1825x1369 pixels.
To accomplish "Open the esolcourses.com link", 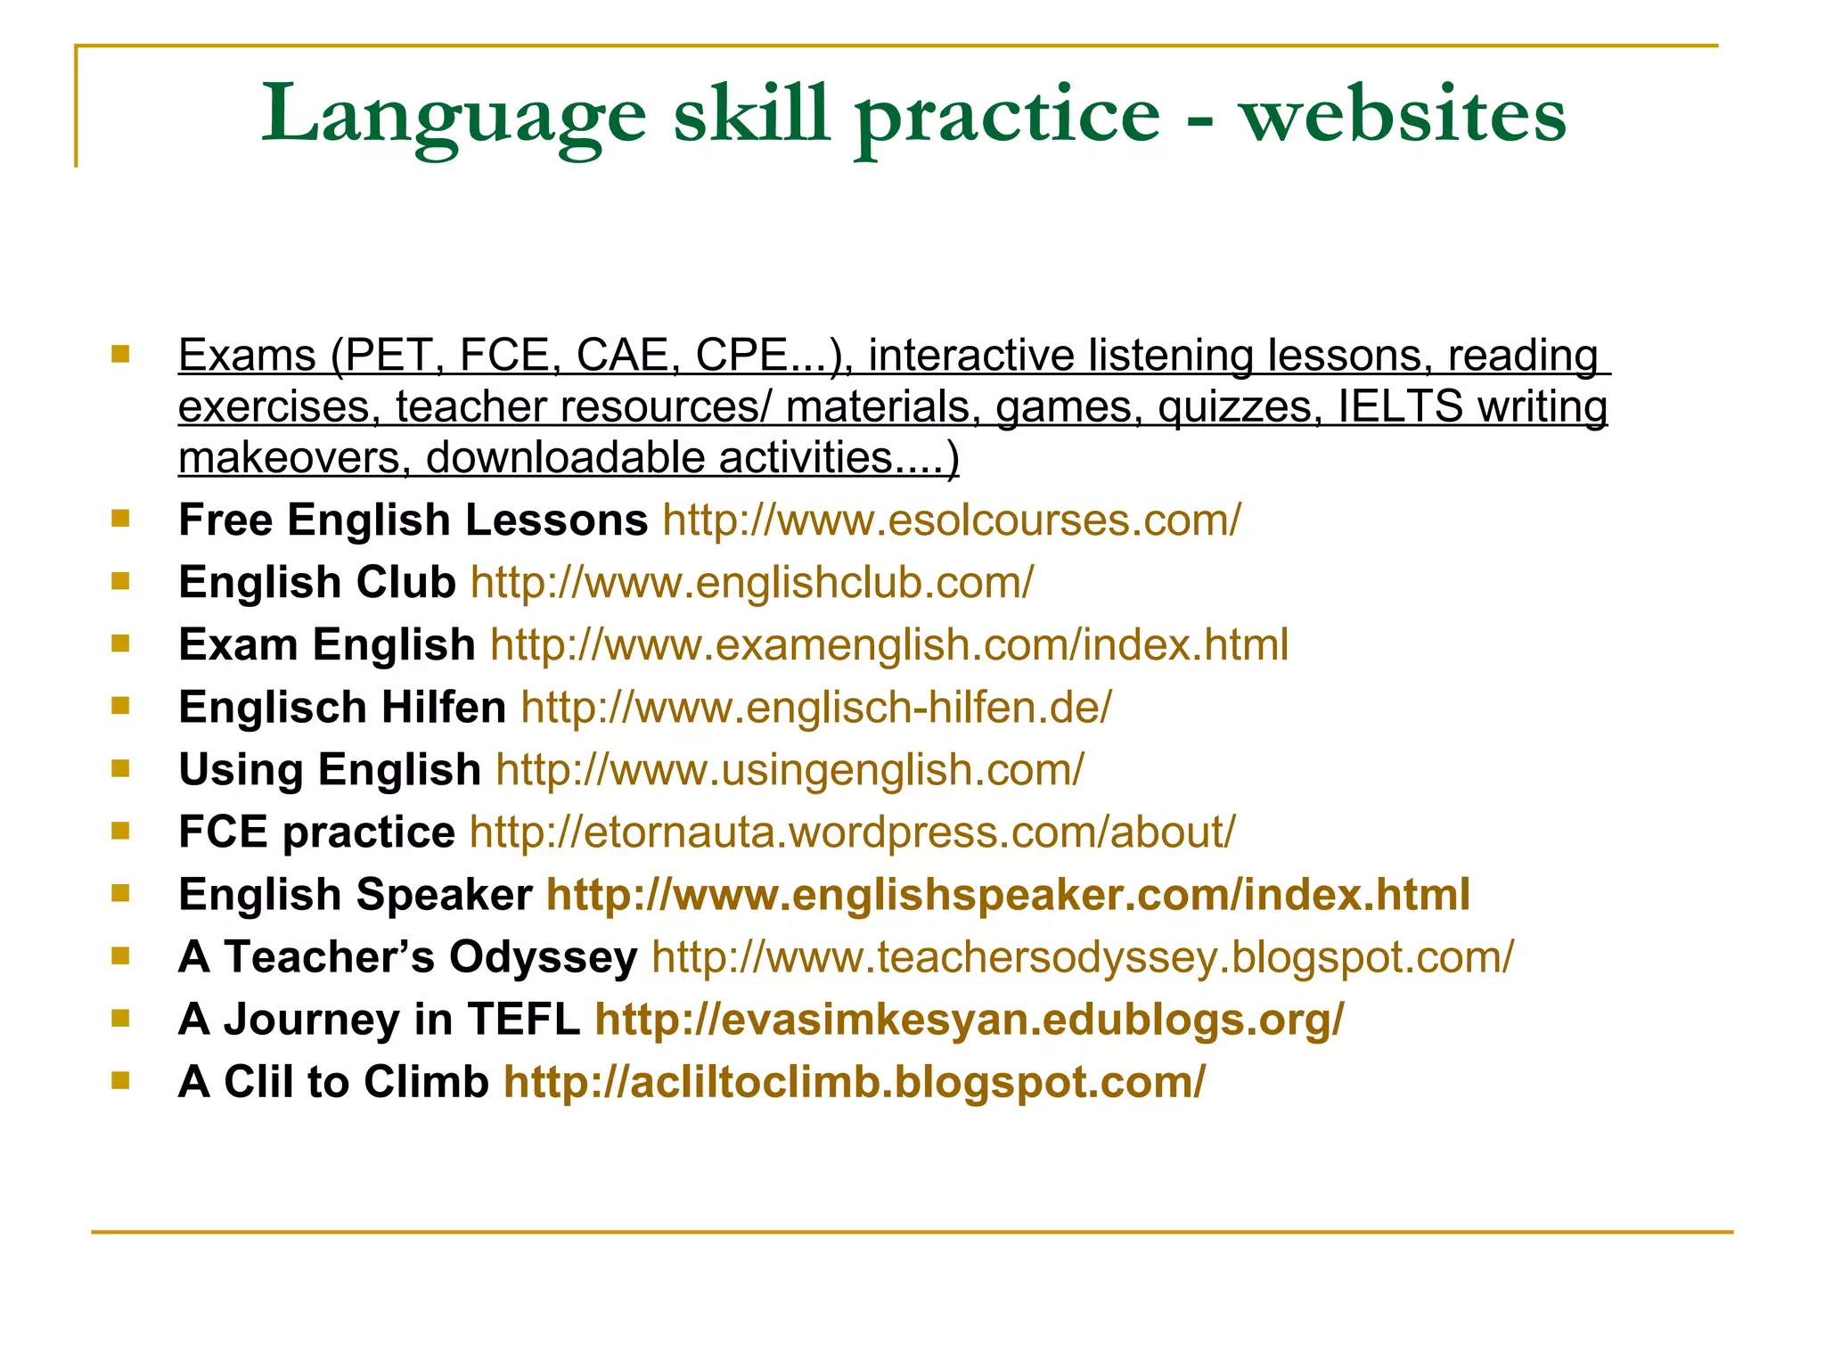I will click(x=951, y=520).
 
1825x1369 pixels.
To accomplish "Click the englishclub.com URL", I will click(x=752, y=583).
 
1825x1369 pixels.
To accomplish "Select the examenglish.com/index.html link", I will click(x=888, y=645).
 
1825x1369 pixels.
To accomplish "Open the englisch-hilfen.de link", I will click(x=816, y=708).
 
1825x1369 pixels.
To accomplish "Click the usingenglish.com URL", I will click(x=790, y=770).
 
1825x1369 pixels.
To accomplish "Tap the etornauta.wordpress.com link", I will click(x=852, y=832).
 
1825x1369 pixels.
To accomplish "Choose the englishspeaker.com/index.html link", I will click(x=1008, y=895).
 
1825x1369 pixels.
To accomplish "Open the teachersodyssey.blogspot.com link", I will click(x=1082, y=957).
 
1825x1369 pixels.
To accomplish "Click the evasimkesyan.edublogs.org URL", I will click(x=970, y=1020).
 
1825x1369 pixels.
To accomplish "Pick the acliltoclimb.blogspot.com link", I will click(x=854, y=1082).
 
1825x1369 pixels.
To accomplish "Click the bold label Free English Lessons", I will click(x=413, y=520).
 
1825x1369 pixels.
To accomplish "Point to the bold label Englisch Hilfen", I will click(x=342, y=708).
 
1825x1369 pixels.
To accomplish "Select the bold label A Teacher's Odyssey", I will click(x=407, y=957).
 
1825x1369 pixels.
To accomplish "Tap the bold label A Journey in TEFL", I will click(x=379, y=1020).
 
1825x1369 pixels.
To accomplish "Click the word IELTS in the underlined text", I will click(x=1400, y=406).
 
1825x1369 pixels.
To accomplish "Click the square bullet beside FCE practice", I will click(x=120, y=831).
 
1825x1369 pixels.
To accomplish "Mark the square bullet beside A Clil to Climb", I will click(x=120, y=1080).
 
